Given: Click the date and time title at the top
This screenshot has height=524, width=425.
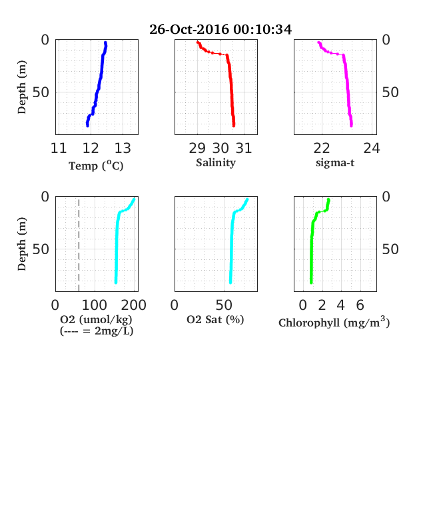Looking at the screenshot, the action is coord(220,29).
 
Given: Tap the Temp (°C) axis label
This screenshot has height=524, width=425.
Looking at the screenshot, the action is coord(96,166).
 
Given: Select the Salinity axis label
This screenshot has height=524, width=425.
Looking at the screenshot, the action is coord(216,163).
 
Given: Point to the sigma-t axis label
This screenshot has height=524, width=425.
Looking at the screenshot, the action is coord(335,163).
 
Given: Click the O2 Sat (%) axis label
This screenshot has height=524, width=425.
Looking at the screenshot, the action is coord(215,320).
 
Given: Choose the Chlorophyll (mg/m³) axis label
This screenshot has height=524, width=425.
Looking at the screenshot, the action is coord(334,322).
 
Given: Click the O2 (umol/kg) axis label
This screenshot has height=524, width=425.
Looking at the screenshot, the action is coord(97,319).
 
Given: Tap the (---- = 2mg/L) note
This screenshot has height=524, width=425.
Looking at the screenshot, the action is coord(97,331).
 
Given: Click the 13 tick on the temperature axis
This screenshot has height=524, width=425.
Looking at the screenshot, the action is coord(123,148).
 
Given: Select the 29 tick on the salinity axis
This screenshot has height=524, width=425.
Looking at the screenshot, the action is coord(197,148).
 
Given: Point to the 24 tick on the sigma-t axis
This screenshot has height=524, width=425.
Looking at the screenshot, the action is coord(372,148).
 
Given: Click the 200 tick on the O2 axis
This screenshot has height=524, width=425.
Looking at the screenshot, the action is coord(133,305).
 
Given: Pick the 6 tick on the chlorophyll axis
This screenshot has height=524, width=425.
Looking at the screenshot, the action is coord(360,305).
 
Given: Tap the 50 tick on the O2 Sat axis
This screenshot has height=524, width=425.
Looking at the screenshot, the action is coord(224,305).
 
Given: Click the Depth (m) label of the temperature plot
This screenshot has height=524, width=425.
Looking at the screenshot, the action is coord(22,87).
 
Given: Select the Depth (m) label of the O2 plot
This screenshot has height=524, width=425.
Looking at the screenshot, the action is coord(22,244).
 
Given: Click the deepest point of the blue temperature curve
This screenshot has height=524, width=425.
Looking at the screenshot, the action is coord(87,126).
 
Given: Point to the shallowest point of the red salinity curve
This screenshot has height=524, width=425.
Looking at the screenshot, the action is coord(197,42).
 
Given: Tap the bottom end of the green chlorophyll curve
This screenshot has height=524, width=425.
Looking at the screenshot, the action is coord(311,283).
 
